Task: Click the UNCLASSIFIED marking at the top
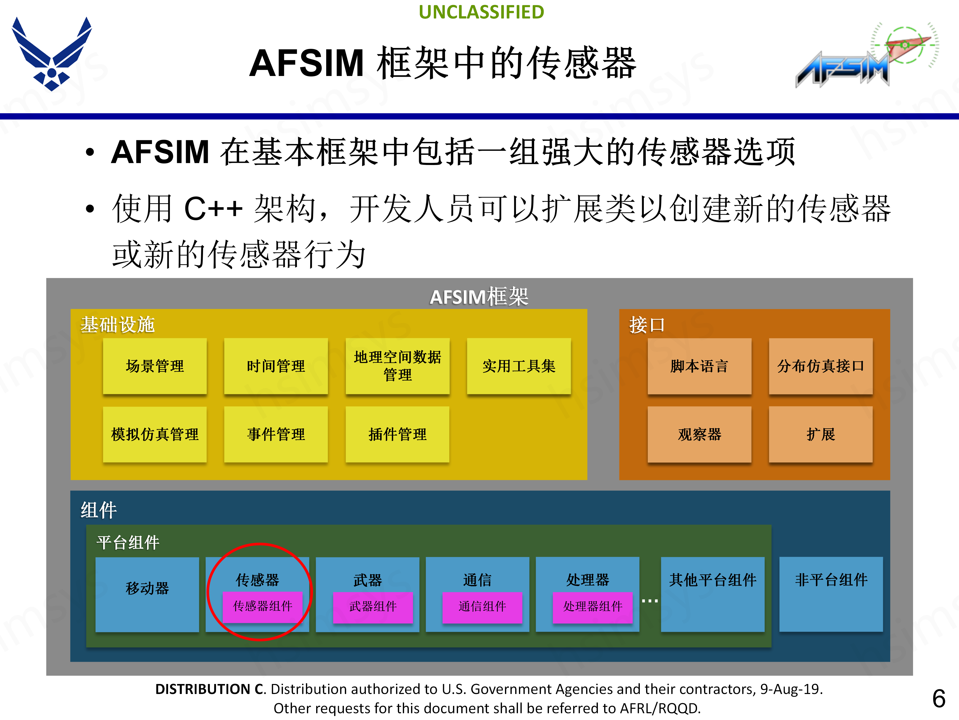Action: coord(481,12)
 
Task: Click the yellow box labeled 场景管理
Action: coord(155,366)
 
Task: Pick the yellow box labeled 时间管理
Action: coord(276,366)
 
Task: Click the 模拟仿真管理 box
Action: coord(155,434)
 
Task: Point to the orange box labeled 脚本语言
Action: coord(699,366)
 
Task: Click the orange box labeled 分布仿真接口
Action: coord(820,366)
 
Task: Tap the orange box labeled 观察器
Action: coord(699,434)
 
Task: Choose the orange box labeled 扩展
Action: coord(820,434)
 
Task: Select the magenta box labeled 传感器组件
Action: coord(262,606)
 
